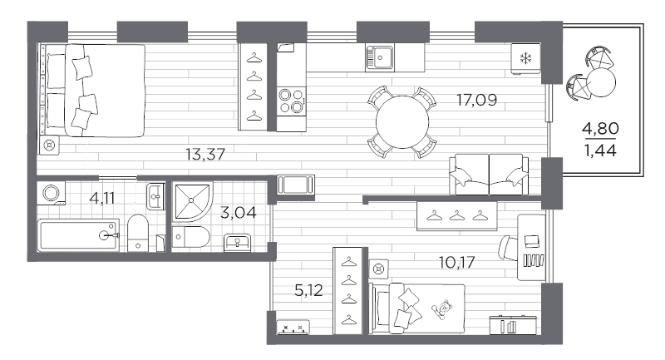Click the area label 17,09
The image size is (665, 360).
[476, 101]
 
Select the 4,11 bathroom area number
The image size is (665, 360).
[103, 199]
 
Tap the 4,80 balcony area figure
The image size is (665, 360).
[600, 129]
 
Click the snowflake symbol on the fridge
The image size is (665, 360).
[525, 57]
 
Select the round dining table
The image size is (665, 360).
[402, 121]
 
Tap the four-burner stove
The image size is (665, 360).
[290, 101]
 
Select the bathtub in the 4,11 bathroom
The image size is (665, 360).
[79, 235]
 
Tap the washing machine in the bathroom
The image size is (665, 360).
[52, 193]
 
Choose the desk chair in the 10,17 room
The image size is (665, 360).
[508, 247]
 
